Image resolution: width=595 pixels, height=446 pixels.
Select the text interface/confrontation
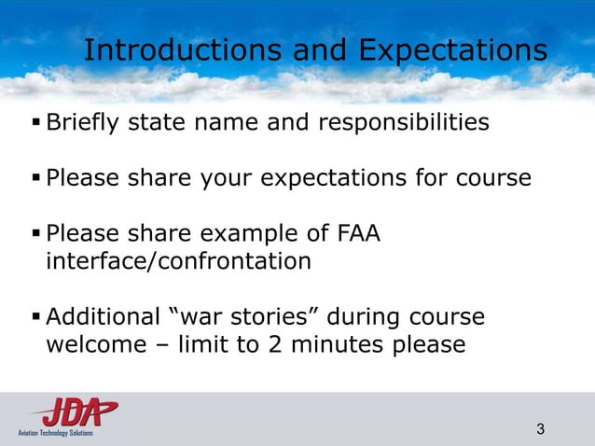coord(178,261)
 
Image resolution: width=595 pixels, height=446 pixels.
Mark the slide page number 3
coord(541,429)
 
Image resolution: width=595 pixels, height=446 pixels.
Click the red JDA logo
coord(74,411)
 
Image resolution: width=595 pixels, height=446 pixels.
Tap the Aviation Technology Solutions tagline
coord(55,433)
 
